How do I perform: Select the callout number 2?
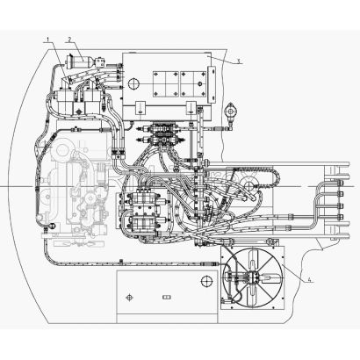(x=69, y=39)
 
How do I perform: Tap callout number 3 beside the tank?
(x=239, y=61)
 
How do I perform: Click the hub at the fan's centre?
(x=252, y=277)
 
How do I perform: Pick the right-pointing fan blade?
(x=269, y=277)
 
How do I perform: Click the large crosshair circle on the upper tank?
(x=134, y=83)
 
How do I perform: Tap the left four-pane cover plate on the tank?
(x=166, y=84)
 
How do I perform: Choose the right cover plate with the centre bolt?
(x=192, y=84)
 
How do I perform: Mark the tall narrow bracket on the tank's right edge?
(x=212, y=84)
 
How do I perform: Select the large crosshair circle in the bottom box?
(x=207, y=281)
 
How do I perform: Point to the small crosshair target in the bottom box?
(x=129, y=298)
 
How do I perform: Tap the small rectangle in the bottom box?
(x=167, y=298)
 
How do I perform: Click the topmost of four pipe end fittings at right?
(x=340, y=184)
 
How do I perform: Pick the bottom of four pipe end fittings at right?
(x=340, y=217)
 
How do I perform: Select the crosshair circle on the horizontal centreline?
(x=249, y=185)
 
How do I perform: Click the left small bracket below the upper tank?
(x=140, y=108)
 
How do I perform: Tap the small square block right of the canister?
(x=100, y=62)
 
